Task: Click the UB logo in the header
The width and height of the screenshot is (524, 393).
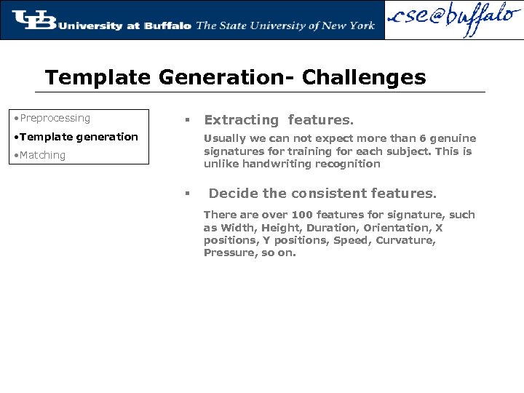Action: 33,20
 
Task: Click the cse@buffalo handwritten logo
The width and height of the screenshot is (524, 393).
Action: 454,20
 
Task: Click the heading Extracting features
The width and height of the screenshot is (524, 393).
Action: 279,120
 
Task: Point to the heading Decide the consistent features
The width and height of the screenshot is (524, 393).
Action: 322,194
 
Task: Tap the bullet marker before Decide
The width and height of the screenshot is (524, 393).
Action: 187,194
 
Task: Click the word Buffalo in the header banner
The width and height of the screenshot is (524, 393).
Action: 167,25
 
